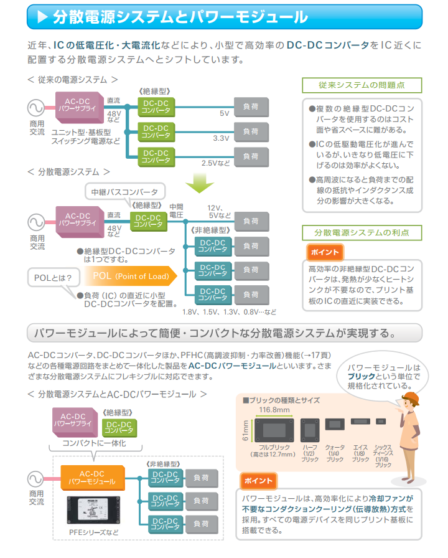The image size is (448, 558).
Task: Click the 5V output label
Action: (225, 114)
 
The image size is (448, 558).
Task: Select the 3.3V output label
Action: (222, 138)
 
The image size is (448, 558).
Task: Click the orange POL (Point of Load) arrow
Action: (133, 276)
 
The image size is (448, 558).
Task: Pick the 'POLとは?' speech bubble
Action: (53, 277)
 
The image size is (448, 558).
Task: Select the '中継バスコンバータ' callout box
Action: (124, 191)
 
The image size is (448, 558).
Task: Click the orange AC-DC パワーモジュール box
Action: (92, 477)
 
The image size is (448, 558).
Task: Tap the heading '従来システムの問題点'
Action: (362, 85)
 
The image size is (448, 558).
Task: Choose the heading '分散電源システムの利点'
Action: (362, 232)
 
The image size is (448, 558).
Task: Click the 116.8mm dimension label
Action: (274, 410)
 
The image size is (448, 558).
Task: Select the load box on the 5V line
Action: (251, 107)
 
